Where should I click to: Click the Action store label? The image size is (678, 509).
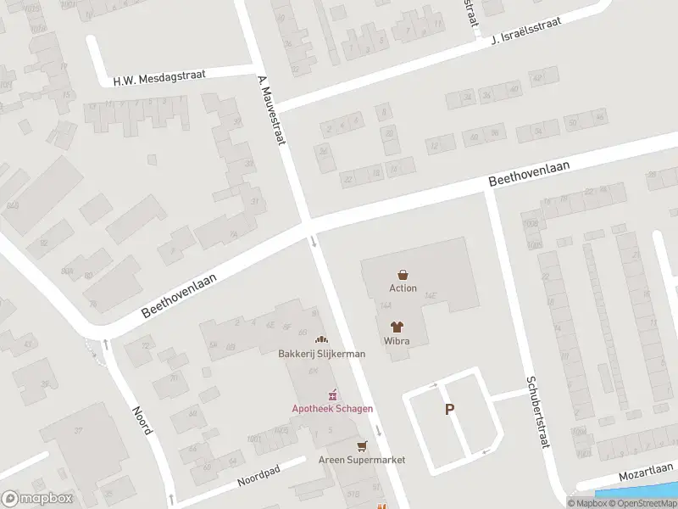pyautogui.click(x=403, y=288)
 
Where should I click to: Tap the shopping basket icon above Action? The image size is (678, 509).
pyautogui.click(x=403, y=274)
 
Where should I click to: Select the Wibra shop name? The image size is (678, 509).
pyautogui.click(x=397, y=340)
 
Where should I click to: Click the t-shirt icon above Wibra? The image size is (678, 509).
pyautogui.click(x=397, y=326)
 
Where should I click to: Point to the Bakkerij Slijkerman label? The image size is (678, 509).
pyautogui.click(x=322, y=354)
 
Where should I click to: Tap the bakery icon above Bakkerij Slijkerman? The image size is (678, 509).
pyautogui.click(x=321, y=339)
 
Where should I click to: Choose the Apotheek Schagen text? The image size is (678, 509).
pyautogui.click(x=332, y=408)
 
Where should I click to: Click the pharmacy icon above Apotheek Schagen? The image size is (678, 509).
pyautogui.click(x=333, y=394)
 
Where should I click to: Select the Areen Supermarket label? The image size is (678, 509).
pyautogui.click(x=362, y=460)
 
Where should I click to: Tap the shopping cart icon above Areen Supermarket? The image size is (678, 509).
pyautogui.click(x=363, y=445)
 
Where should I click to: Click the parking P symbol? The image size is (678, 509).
pyautogui.click(x=449, y=410)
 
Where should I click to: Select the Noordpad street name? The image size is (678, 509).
pyautogui.click(x=259, y=478)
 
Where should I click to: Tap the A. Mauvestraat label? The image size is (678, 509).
pyautogui.click(x=270, y=109)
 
